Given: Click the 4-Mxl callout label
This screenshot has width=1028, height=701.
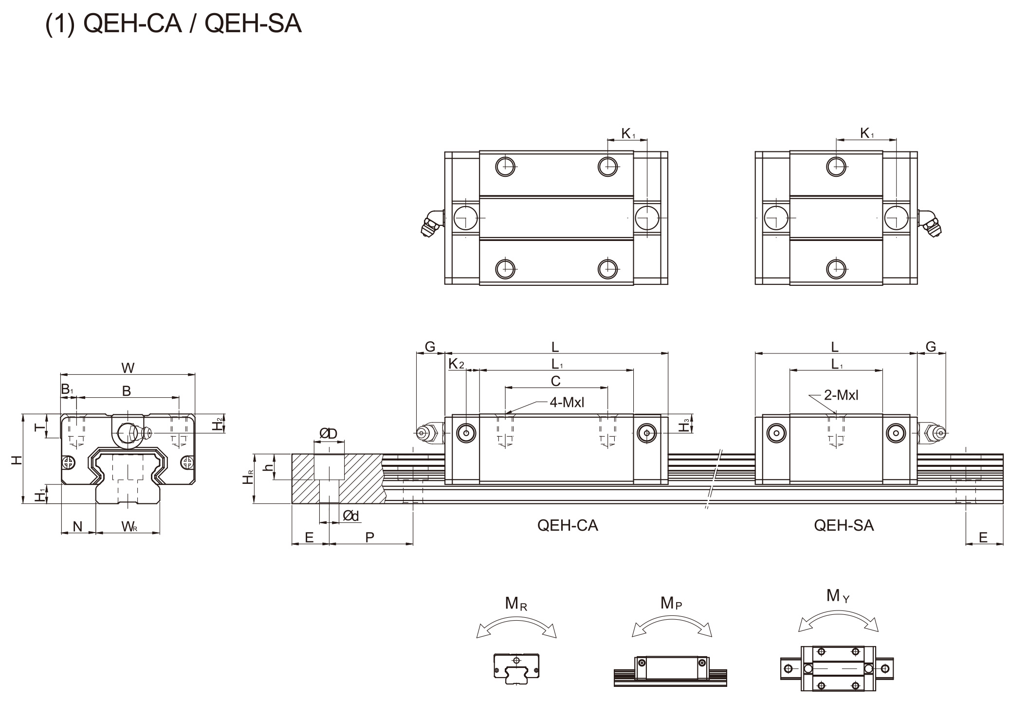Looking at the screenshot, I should [567, 402].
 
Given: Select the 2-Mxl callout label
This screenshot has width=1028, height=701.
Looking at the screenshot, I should [841, 395].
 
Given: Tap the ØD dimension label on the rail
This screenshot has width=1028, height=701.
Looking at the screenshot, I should [328, 433].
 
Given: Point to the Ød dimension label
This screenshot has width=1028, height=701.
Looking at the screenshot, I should [350, 516].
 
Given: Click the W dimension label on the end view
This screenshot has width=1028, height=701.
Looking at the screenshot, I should [128, 368].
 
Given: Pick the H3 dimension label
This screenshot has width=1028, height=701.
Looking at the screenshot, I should [685, 424].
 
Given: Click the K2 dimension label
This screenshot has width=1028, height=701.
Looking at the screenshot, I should [456, 364].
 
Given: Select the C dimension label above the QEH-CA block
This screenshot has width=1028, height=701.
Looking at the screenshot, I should [555, 381].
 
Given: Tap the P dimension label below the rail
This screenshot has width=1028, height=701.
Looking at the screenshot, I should [370, 537].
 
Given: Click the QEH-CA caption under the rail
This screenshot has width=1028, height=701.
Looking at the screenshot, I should [568, 525].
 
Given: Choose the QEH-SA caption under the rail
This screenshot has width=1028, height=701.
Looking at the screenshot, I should [844, 525].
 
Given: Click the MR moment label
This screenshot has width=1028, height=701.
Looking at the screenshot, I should [516, 604].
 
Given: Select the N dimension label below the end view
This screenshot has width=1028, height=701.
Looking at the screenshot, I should [77, 526].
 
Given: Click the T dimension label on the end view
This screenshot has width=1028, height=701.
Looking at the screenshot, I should [40, 427].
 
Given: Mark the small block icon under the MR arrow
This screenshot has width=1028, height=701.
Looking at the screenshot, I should [516, 668].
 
